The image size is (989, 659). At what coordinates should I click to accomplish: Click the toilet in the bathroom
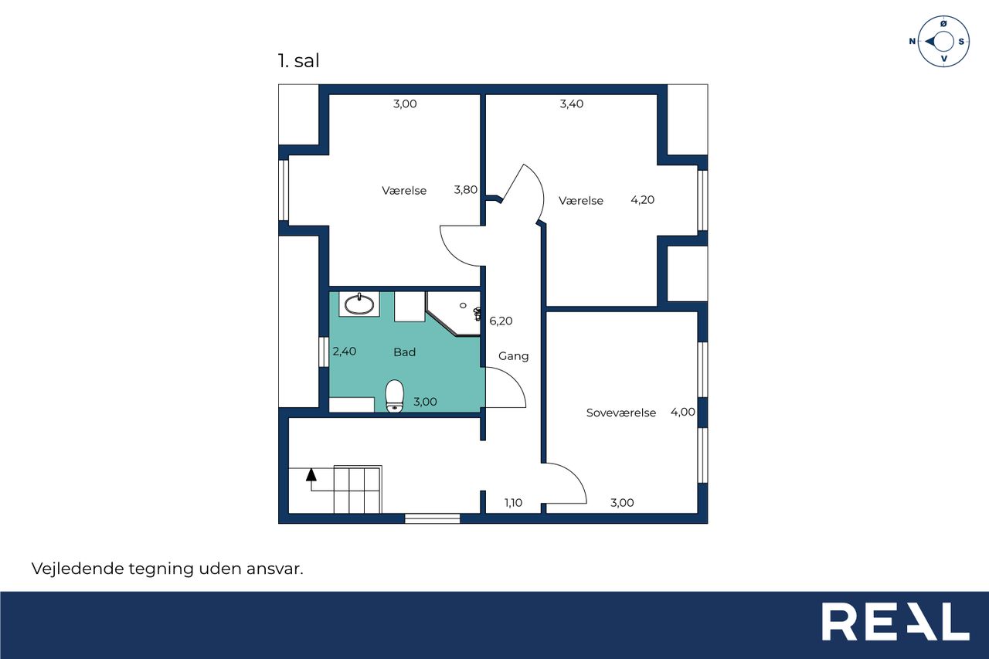pyautogui.click(x=394, y=396)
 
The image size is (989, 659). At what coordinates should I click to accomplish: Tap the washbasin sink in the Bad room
pyautogui.click(x=359, y=304)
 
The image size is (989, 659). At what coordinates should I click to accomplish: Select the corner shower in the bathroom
pyautogui.click(x=454, y=314)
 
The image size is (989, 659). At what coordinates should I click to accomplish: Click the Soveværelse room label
pyautogui.click(x=620, y=413)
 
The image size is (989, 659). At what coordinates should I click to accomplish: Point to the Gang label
pyautogui.click(x=513, y=355)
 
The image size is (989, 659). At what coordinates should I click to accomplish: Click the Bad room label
pyautogui.click(x=404, y=352)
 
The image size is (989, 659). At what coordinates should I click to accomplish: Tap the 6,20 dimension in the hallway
pyautogui.click(x=501, y=321)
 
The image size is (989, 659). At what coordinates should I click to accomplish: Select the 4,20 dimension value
pyautogui.click(x=642, y=199)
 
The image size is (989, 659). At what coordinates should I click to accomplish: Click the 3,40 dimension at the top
pyautogui.click(x=571, y=104)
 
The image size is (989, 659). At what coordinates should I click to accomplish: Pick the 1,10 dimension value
pyautogui.click(x=513, y=502)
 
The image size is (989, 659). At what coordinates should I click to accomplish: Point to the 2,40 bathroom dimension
pyautogui.click(x=344, y=351)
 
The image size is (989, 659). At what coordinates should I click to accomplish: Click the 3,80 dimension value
pyautogui.click(x=466, y=189)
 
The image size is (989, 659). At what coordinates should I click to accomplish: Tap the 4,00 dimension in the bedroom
pyautogui.click(x=682, y=412)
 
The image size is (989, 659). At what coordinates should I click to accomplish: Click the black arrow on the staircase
pyautogui.click(x=311, y=474)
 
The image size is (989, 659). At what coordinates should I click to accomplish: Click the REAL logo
pyautogui.click(x=896, y=621)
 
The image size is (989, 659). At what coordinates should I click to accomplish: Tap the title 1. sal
pyautogui.click(x=298, y=60)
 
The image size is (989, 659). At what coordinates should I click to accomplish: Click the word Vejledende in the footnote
pyautogui.click(x=78, y=568)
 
